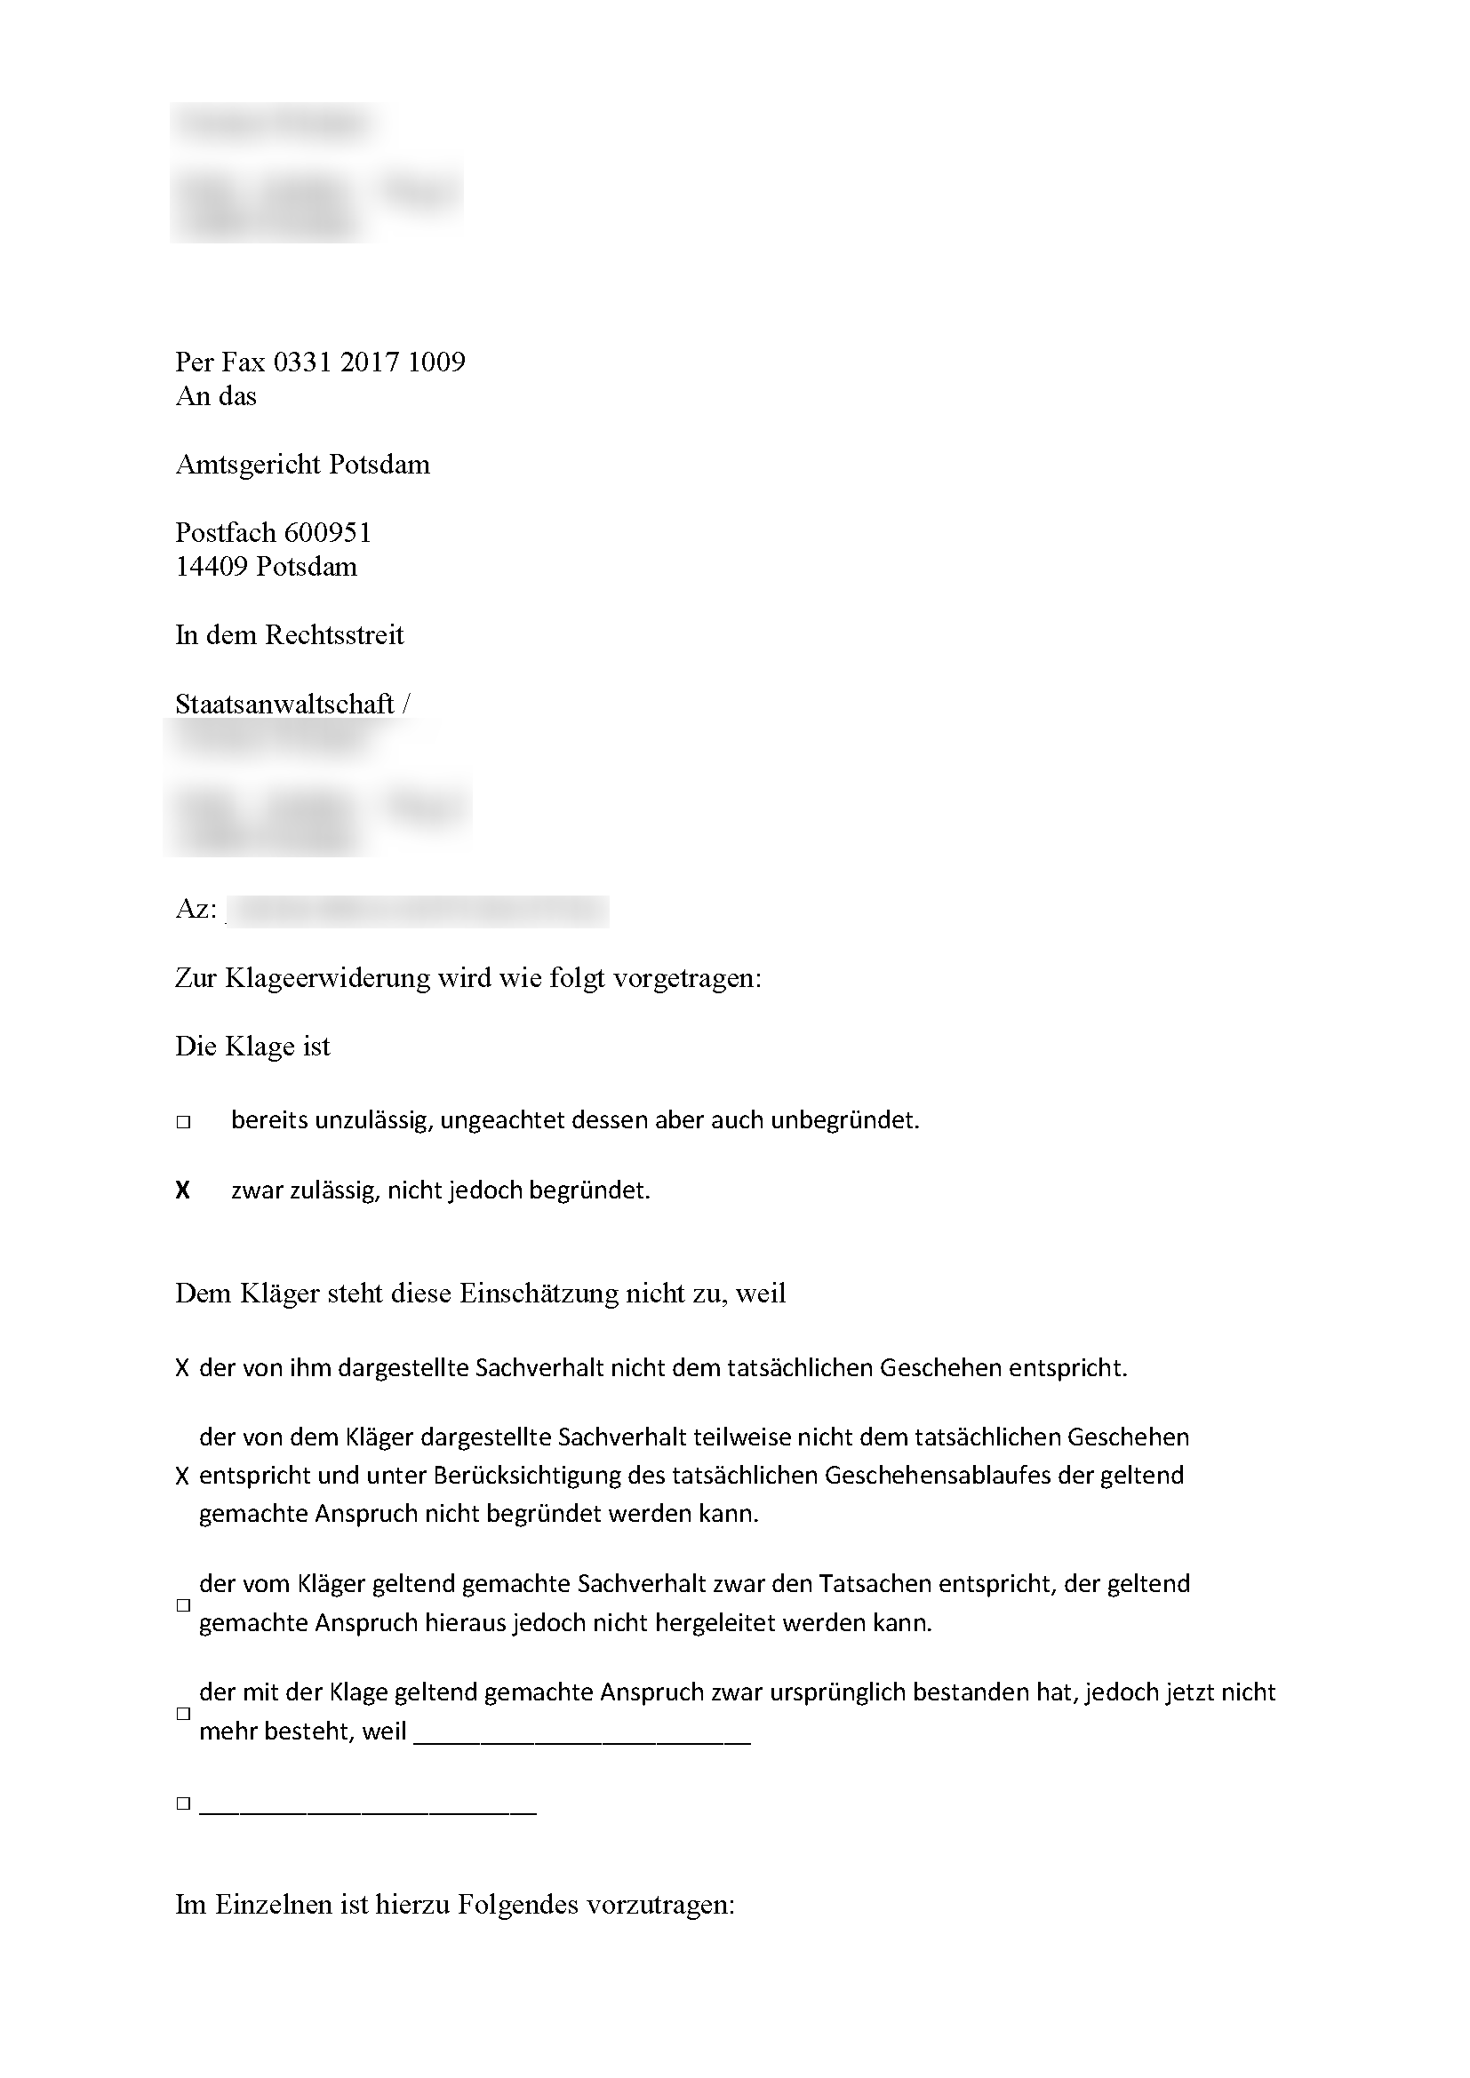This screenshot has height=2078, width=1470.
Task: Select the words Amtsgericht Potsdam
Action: (302, 465)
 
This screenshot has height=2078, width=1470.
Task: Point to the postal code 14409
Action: (211, 567)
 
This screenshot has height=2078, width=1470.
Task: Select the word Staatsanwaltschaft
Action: (284, 705)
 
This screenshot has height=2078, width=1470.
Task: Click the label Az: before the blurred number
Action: (196, 909)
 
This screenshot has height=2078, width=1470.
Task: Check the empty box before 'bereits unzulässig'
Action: (183, 1122)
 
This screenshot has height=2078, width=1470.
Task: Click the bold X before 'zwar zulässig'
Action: (183, 1191)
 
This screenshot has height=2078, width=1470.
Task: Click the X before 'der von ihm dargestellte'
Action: (182, 1368)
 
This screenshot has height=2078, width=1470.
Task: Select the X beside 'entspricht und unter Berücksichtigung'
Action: (182, 1477)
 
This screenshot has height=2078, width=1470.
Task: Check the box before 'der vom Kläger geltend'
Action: (183, 1605)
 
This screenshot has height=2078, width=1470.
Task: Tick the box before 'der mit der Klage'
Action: (183, 1714)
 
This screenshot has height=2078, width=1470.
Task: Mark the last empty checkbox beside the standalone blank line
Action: (183, 1803)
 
